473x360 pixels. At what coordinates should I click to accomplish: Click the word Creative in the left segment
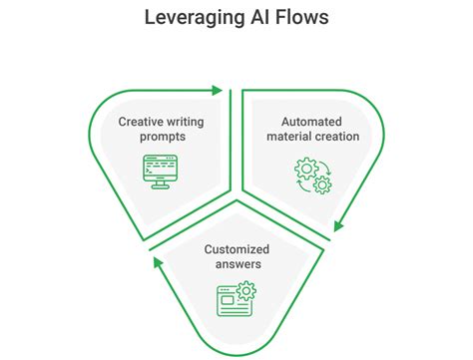click(140, 121)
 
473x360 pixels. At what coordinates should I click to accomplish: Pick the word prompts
click(163, 137)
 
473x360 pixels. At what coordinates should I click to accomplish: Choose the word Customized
click(236, 249)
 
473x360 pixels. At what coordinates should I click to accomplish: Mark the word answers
click(236, 264)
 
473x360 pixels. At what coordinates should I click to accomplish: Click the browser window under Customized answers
click(231, 298)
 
